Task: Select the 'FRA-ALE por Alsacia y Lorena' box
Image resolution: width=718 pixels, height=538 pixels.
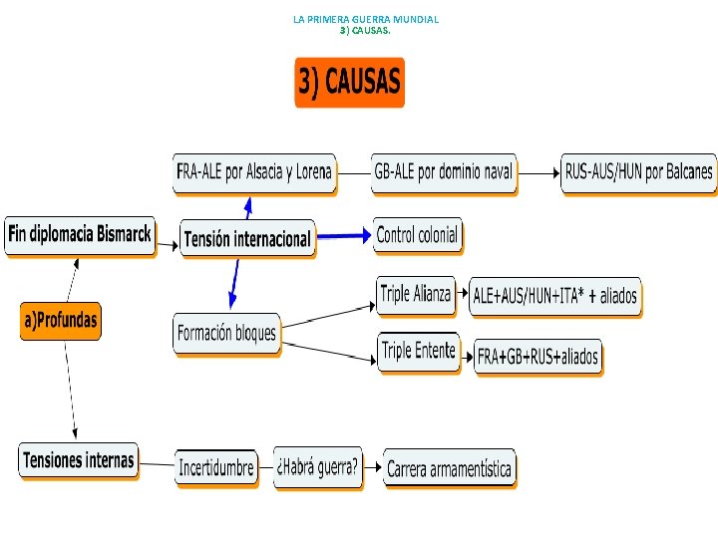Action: click(x=254, y=172)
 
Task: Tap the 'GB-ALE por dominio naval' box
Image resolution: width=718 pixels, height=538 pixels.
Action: click(x=444, y=172)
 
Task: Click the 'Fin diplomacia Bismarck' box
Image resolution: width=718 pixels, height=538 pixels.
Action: click(x=80, y=235)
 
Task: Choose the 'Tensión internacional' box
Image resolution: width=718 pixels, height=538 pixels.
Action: click(x=247, y=239)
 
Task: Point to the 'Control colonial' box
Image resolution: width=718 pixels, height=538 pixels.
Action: click(x=418, y=235)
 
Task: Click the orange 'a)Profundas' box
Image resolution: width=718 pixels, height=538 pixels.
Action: click(x=61, y=320)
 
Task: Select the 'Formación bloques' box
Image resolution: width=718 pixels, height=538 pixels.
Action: click(x=226, y=333)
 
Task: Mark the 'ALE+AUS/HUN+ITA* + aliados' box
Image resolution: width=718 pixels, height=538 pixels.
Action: click(x=554, y=297)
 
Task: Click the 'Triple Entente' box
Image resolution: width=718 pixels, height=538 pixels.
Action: click(x=418, y=351)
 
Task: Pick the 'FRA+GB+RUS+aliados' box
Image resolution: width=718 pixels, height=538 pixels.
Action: click(x=538, y=357)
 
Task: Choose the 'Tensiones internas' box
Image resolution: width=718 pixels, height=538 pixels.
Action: click(x=78, y=460)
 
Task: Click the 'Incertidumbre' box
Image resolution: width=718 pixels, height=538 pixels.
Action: click(x=215, y=467)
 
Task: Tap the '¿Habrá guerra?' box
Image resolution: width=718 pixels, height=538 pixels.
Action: click(x=317, y=465)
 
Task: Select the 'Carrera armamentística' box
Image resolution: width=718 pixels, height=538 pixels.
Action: click(x=449, y=468)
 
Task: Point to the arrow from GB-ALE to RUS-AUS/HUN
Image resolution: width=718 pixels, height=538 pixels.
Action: click(x=538, y=172)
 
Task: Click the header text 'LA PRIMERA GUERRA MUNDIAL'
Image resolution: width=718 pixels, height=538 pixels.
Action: click(x=366, y=19)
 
